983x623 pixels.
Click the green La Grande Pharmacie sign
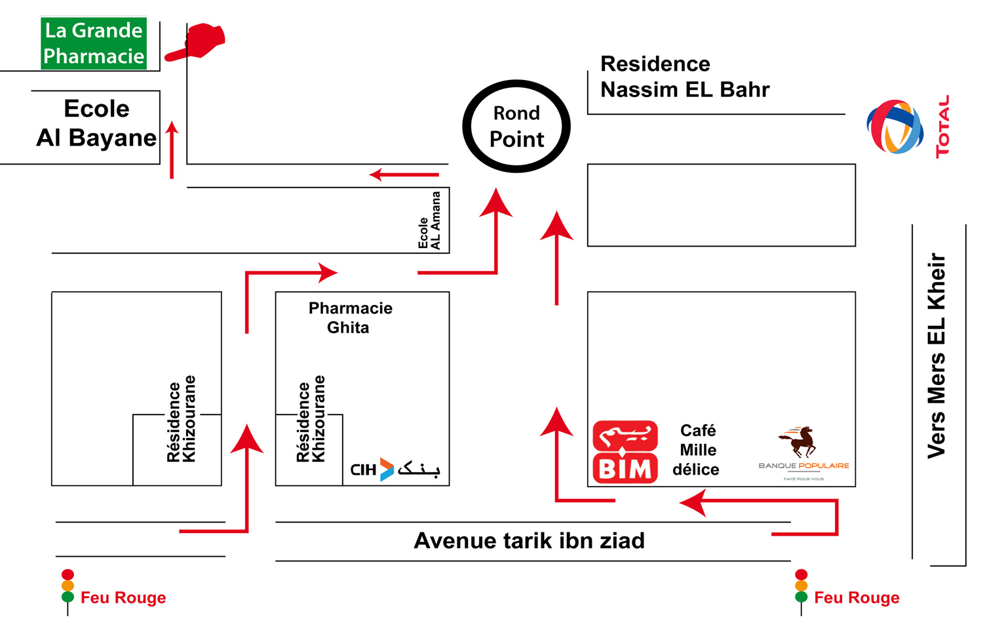(94, 43)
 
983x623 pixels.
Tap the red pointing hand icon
(197, 43)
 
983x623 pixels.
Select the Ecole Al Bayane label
(96, 123)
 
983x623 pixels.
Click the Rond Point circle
(516, 126)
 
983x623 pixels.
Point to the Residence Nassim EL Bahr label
(684, 77)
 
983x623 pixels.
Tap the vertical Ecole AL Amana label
(430, 220)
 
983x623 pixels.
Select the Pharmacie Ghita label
(350, 317)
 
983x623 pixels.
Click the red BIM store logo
(625, 452)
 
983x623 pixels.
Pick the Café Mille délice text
(697, 450)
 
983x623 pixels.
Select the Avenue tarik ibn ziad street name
(529, 540)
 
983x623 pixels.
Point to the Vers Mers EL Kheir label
(936, 355)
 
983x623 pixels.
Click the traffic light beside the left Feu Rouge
(67, 586)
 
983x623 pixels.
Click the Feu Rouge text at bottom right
(856, 597)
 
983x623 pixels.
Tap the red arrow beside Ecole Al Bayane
(172, 150)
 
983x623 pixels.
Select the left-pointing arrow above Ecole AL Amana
(404, 174)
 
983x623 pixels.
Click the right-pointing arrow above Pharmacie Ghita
(292, 272)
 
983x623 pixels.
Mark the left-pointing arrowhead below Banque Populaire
(693, 504)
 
